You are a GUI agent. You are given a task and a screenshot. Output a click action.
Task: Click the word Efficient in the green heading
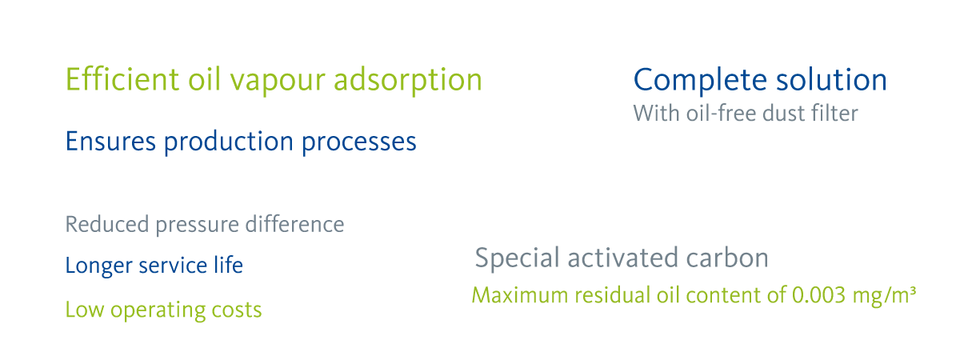click(x=122, y=79)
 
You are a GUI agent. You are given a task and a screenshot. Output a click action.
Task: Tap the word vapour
click(x=278, y=82)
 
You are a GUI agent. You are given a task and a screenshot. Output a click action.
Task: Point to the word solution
click(x=831, y=80)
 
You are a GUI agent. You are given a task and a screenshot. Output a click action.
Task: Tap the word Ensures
click(x=110, y=142)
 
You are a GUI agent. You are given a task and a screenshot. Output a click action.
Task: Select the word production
click(x=229, y=142)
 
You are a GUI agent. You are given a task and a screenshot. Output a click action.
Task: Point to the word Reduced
click(x=107, y=224)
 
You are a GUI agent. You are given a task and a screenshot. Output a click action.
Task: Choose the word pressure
click(x=197, y=226)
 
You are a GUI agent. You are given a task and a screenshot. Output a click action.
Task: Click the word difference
click(x=294, y=224)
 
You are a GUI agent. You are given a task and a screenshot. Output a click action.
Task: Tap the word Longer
click(x=98, y=266)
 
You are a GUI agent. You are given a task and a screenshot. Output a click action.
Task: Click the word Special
click(x=518, y=259)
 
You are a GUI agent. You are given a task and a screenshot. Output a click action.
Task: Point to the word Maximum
click(x=520, y=295)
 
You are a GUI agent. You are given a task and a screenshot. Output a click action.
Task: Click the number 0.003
click(x=818, y=295)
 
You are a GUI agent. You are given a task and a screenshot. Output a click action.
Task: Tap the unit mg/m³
click(x=884, y=297)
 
